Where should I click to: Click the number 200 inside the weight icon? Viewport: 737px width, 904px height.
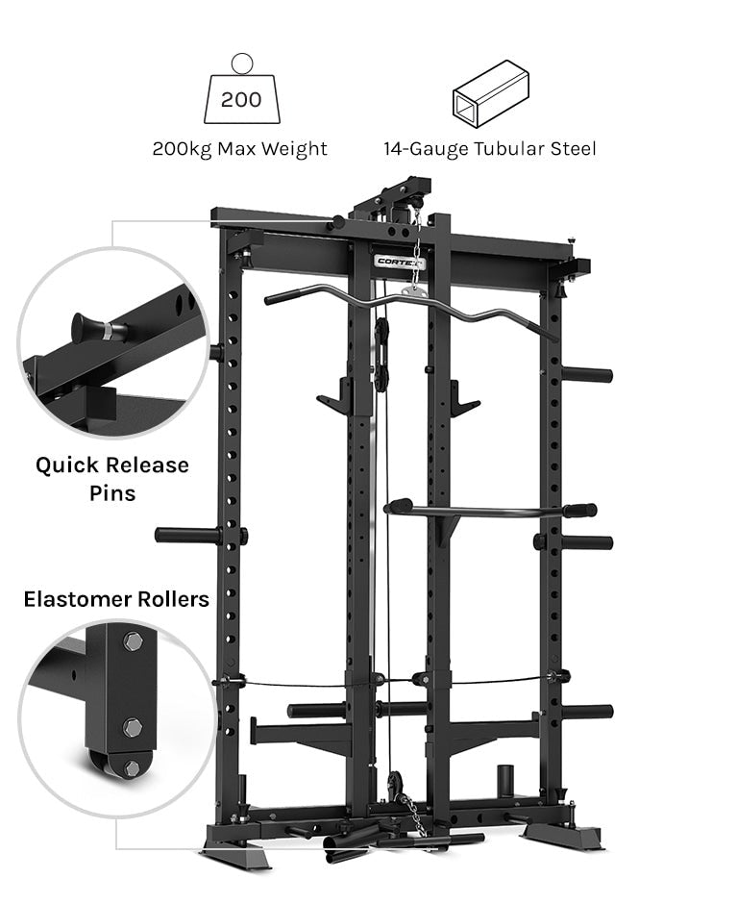click(240, 100)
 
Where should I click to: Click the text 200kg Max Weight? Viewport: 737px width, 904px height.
click(240, 149)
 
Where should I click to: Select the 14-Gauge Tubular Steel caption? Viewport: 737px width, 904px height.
click(490, 149)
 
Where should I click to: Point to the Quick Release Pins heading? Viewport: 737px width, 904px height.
click(112, 479)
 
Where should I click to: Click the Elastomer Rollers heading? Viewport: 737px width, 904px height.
click(116, 600)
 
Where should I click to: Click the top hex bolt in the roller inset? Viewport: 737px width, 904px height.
click(132, 641)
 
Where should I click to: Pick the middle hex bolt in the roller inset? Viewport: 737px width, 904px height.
click(133, 726)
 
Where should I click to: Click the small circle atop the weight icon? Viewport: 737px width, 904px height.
click(241, 63)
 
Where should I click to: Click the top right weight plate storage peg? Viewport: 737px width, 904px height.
click(586, 374)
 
